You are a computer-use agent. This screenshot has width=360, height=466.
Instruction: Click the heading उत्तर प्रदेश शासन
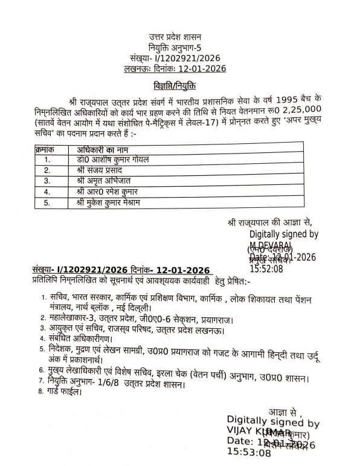[x=179, y=37]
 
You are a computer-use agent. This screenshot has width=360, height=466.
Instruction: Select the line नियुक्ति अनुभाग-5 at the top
[x=179, y=48]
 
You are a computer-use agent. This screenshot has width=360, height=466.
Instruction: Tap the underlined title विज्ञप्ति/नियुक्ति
[x=179, y=83]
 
